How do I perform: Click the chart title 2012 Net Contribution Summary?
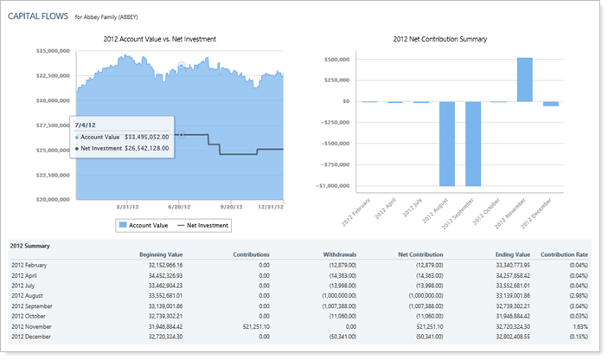tap(439, 39)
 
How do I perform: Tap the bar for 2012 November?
tap(524, 80)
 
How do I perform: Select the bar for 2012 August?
tap(447, 144)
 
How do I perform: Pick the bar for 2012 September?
tap(473, 144)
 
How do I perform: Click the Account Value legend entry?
tap(147, 225)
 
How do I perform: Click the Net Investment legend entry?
tap(202, 225)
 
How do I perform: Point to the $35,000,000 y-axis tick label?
tap(52, 51)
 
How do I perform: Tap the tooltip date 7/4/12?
tap(85, 124)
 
